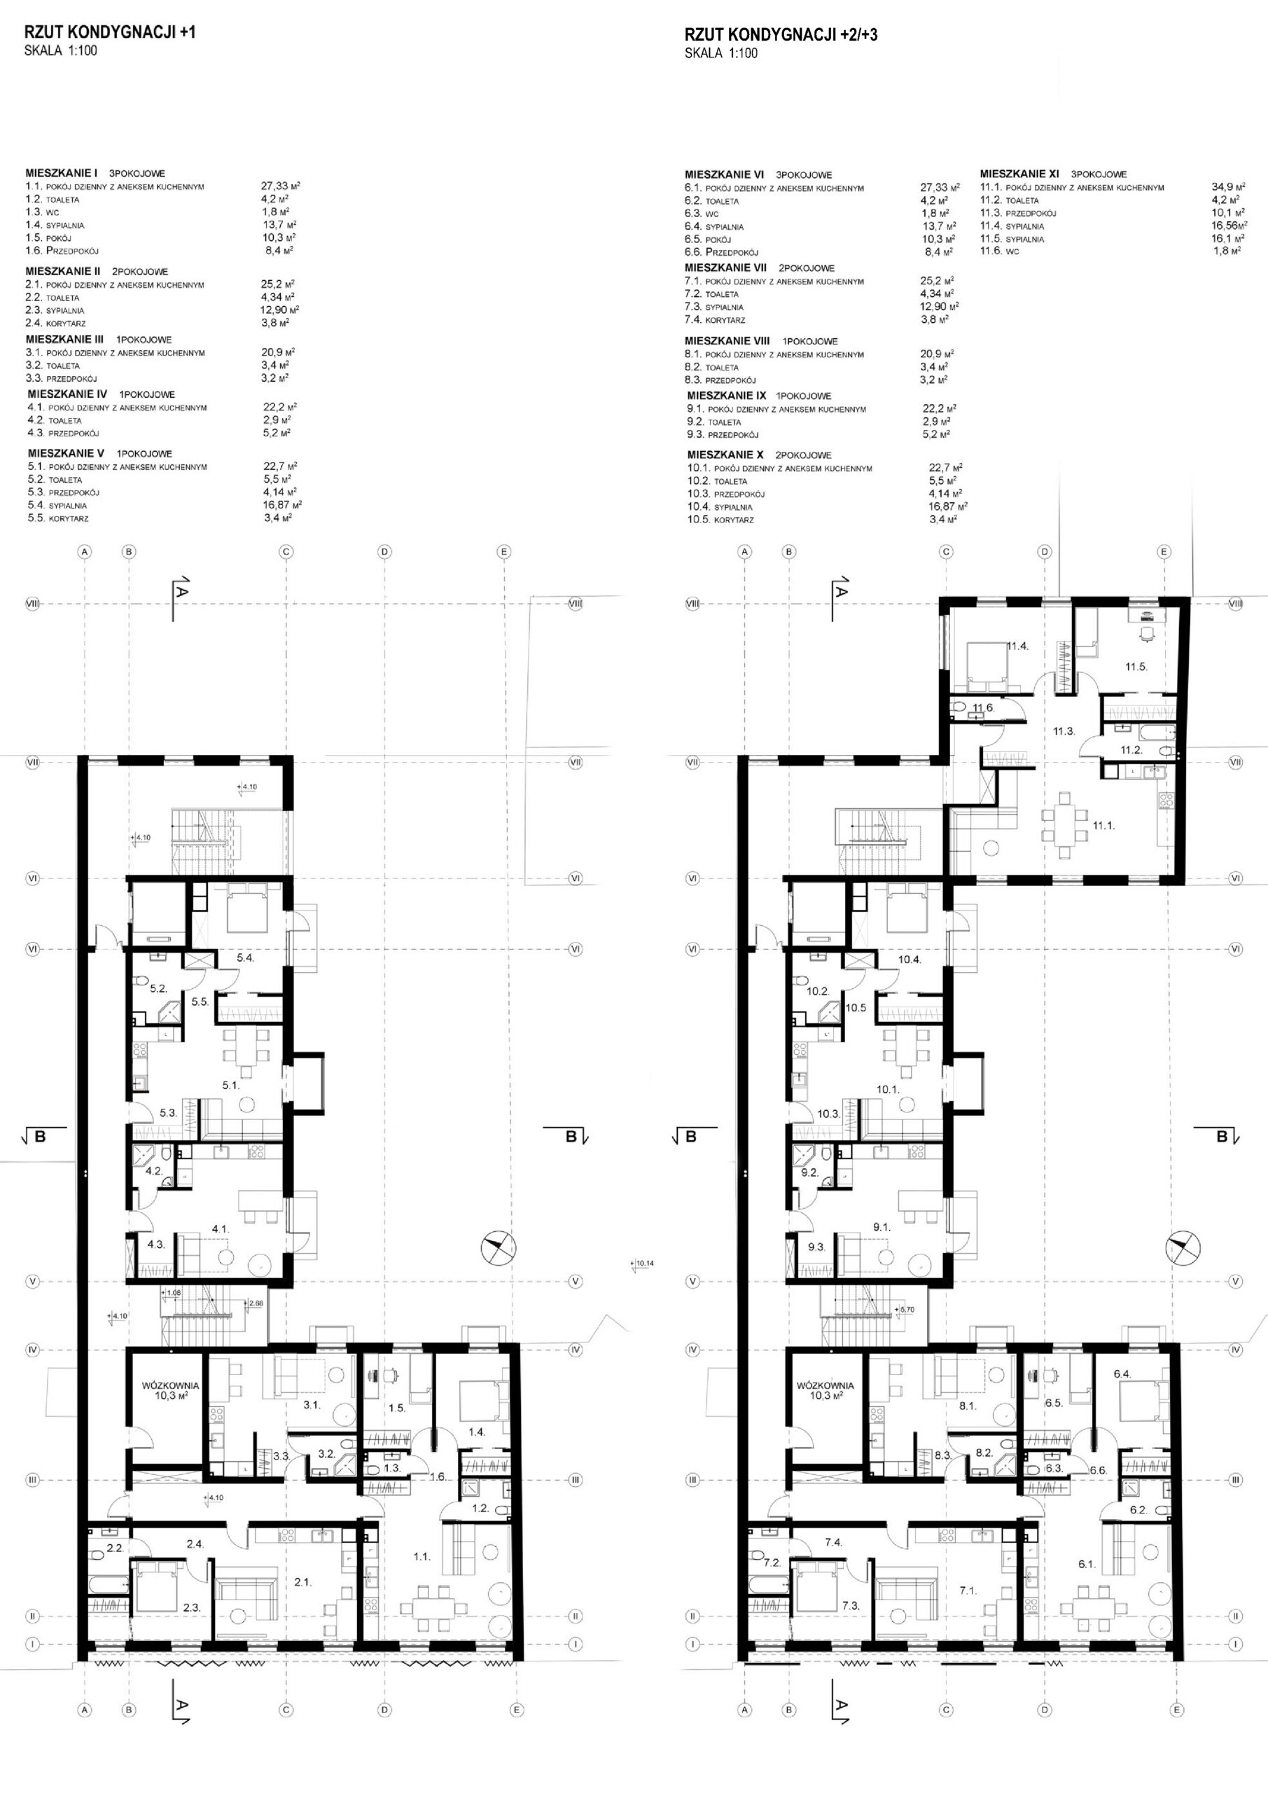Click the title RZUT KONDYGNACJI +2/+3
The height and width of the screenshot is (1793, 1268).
click(x=781, y=34)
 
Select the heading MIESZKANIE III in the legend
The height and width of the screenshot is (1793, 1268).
click(x=65, y=340)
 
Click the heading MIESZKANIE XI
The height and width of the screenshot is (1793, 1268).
click(x=1019, y=174)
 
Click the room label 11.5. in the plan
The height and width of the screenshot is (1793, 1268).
click(x=1136, y=667)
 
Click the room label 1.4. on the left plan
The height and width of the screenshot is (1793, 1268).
click(x=477, y=1432)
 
